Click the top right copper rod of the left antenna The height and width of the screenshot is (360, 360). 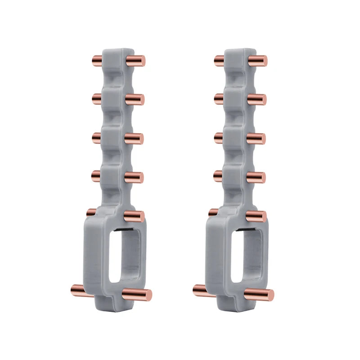point(135,61)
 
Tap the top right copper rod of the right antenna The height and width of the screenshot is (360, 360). point(258,61)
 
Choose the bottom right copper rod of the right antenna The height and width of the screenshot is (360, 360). point(260,295)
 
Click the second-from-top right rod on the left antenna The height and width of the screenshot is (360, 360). point(135,99)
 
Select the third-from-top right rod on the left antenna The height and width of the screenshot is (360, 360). point(134,139)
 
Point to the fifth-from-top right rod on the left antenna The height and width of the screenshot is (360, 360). point(134,216)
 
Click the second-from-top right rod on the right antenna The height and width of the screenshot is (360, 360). point(257,99)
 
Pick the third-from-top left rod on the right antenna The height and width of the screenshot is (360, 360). point(219,136)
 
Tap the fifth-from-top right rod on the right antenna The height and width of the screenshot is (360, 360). point(256,216)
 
